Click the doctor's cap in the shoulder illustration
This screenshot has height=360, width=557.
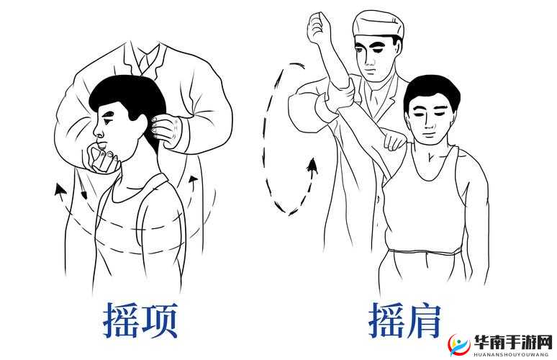point(377,26)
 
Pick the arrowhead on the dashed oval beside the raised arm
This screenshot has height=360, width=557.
point(312,168)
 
